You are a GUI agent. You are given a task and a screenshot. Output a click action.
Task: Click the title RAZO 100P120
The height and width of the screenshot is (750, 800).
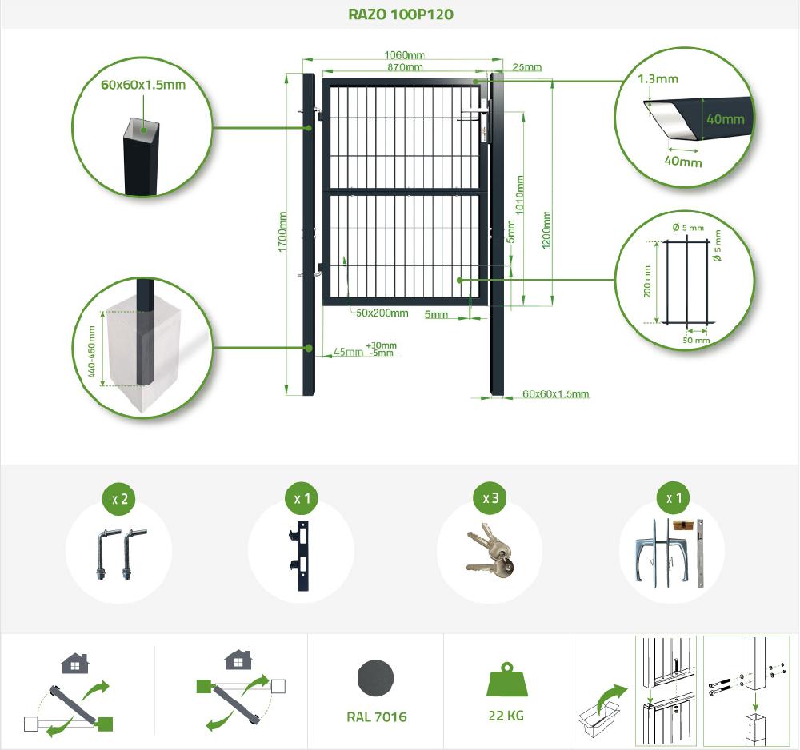click(x=401, y=14)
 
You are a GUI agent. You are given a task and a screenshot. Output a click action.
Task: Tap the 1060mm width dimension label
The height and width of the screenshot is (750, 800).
click(x=404, y=55)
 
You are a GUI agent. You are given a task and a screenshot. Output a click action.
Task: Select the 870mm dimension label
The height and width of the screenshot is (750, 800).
click(x=405, y=67)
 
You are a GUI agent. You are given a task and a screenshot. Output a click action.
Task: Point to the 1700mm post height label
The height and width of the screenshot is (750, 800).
click(x=282, y=232)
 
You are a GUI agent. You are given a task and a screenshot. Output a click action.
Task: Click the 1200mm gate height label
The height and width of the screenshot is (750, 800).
click(x=546, y=230)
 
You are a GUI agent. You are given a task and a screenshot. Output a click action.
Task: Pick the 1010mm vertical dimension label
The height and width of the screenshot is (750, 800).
click(x=520, y=195)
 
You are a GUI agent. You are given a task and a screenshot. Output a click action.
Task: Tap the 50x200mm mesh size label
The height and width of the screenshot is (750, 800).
click(x=382, y=313)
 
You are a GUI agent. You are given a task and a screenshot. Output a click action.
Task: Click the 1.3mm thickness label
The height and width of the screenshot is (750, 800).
click(x=658, y=79)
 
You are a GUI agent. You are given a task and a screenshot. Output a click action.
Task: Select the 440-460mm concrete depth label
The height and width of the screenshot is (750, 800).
click(x=92, y=352)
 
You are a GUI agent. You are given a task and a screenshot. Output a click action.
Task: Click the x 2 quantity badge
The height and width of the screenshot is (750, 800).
click(x=119, y=499)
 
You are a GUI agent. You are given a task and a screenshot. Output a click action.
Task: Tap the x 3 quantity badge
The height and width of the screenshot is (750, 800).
click(x=490, y=498)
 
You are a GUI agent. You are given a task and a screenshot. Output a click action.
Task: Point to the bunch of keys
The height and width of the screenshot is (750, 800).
click(x=490, y=551)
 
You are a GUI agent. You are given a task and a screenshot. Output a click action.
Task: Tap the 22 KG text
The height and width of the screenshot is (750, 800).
click(x=506, y=716)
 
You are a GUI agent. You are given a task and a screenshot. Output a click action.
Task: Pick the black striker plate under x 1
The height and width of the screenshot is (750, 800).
click(x=301, y=557)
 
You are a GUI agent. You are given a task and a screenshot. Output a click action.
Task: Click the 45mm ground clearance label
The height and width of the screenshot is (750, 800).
click(x=348, y=353)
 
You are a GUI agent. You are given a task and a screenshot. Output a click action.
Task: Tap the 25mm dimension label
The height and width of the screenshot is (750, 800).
click(x=527, y=67)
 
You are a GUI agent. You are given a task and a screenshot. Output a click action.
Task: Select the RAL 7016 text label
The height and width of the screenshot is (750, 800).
click(x=377, y=717)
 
